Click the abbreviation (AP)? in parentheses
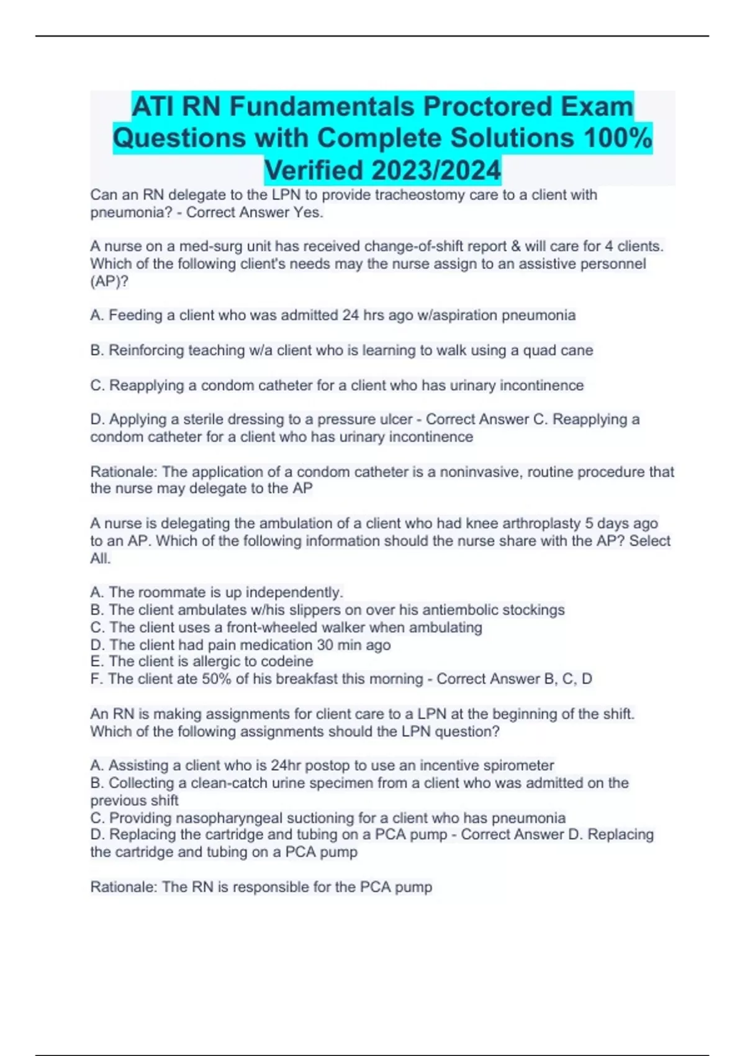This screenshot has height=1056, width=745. pos(109,281)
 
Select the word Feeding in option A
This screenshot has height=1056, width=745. pos(132,316)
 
